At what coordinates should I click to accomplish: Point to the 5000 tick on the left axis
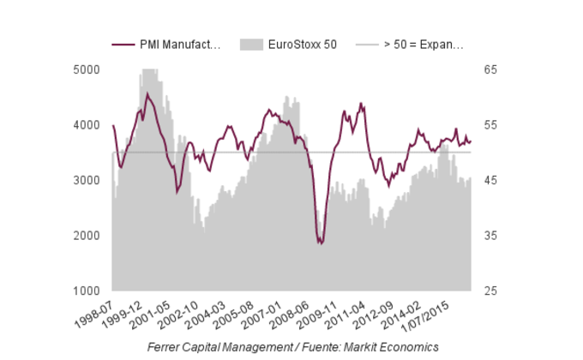88,69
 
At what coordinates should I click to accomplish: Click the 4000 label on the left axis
88,125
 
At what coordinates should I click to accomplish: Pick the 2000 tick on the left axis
88,236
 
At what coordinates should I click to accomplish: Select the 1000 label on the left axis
88,291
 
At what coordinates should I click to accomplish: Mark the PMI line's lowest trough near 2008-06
321,243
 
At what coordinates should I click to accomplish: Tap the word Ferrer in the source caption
165,346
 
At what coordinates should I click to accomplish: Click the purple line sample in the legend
123,45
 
